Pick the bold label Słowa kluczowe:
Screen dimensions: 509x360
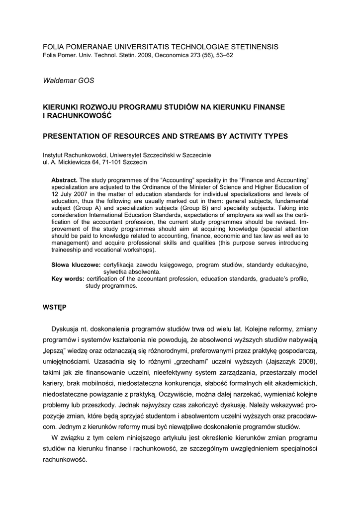tap(76, 265)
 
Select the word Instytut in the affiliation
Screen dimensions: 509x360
tap(54, 155)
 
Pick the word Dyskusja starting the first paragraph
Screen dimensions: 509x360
tap(67, 329)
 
